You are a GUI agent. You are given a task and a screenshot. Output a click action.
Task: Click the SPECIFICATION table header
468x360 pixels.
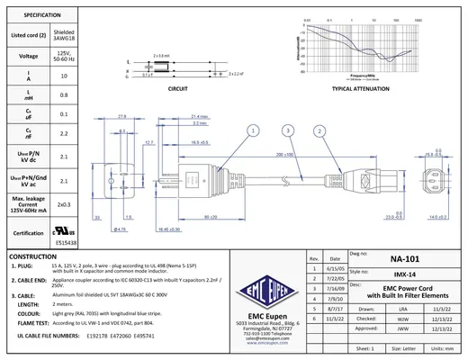point(36,15)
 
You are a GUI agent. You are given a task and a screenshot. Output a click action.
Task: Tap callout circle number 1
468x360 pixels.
point(254,130)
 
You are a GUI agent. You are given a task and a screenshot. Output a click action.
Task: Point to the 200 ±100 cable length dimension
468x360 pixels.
point(287,155)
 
